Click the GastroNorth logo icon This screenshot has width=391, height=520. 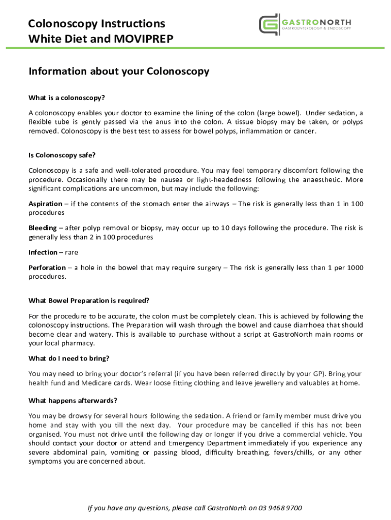269,24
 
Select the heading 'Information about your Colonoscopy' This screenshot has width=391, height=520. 119,72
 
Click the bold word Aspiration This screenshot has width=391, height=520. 46,204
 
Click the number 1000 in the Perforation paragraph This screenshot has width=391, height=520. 354,268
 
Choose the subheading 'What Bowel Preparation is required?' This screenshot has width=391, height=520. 89,301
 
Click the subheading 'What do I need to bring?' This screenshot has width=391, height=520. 69,359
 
